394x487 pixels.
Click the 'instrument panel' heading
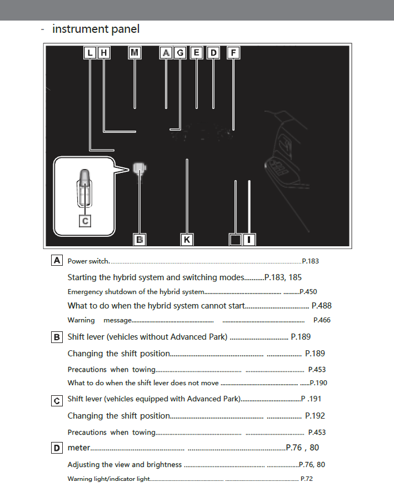(x=96, y=29)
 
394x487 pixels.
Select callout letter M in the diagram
(x=135, y=53)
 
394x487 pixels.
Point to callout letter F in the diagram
(x=233, y=53)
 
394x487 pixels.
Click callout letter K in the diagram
(x=187, y=240)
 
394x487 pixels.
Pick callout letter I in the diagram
(x=250, y=240)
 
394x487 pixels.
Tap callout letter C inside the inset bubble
(x=84, y=221)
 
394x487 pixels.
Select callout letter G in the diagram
(x=180, y=53)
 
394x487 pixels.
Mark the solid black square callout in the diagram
(x=236, y=240)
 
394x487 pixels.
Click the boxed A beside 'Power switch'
(x=57, y=260)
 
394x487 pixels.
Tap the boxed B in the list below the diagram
(x=57, y=337)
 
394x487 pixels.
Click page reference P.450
(x=308, y=291)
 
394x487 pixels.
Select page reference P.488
(x=322, y=305)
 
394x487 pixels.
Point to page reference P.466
(x=322, y=320)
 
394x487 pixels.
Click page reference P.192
(x=315, y=416)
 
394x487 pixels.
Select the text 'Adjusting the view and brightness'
(x=124, y=465)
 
